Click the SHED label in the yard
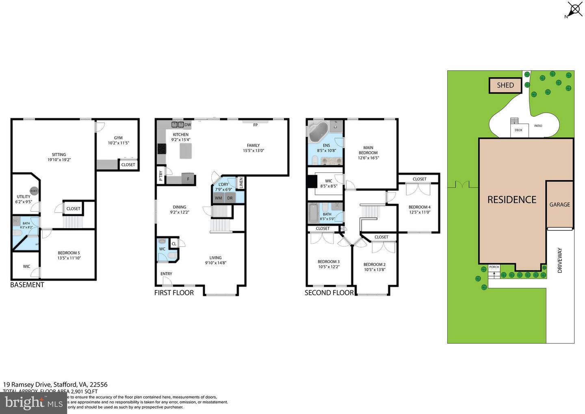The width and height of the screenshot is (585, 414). [x=505, y=85]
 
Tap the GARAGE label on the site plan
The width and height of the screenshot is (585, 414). [x=559, y=205]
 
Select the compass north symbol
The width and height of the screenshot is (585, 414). [x=574, y=9]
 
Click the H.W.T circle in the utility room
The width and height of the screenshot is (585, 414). [x=34, y=191]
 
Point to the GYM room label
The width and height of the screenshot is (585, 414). [x=118, y=138]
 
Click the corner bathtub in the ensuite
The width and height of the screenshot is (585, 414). [x=318, y=131]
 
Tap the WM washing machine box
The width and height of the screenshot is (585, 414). [x=219, y=198]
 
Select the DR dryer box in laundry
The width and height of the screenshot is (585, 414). [x=230, y=198]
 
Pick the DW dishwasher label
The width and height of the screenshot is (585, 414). [x=188, y=125]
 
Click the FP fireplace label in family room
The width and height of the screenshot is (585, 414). [x=256, y=125]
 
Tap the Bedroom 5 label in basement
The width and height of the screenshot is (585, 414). [x=69, y=253]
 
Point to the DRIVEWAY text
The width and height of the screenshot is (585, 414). [x=560, y=260]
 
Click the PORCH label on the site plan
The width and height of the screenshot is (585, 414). [x=494, y=267]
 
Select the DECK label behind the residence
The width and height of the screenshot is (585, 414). [x=518, y=130]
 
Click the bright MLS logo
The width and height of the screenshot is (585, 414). [x=33, y=403]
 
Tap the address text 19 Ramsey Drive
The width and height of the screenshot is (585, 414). [x=55, y=384]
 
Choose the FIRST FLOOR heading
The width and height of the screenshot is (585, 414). [x=174, y=293]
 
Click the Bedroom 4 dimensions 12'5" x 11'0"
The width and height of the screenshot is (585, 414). [x=420, y=212]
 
